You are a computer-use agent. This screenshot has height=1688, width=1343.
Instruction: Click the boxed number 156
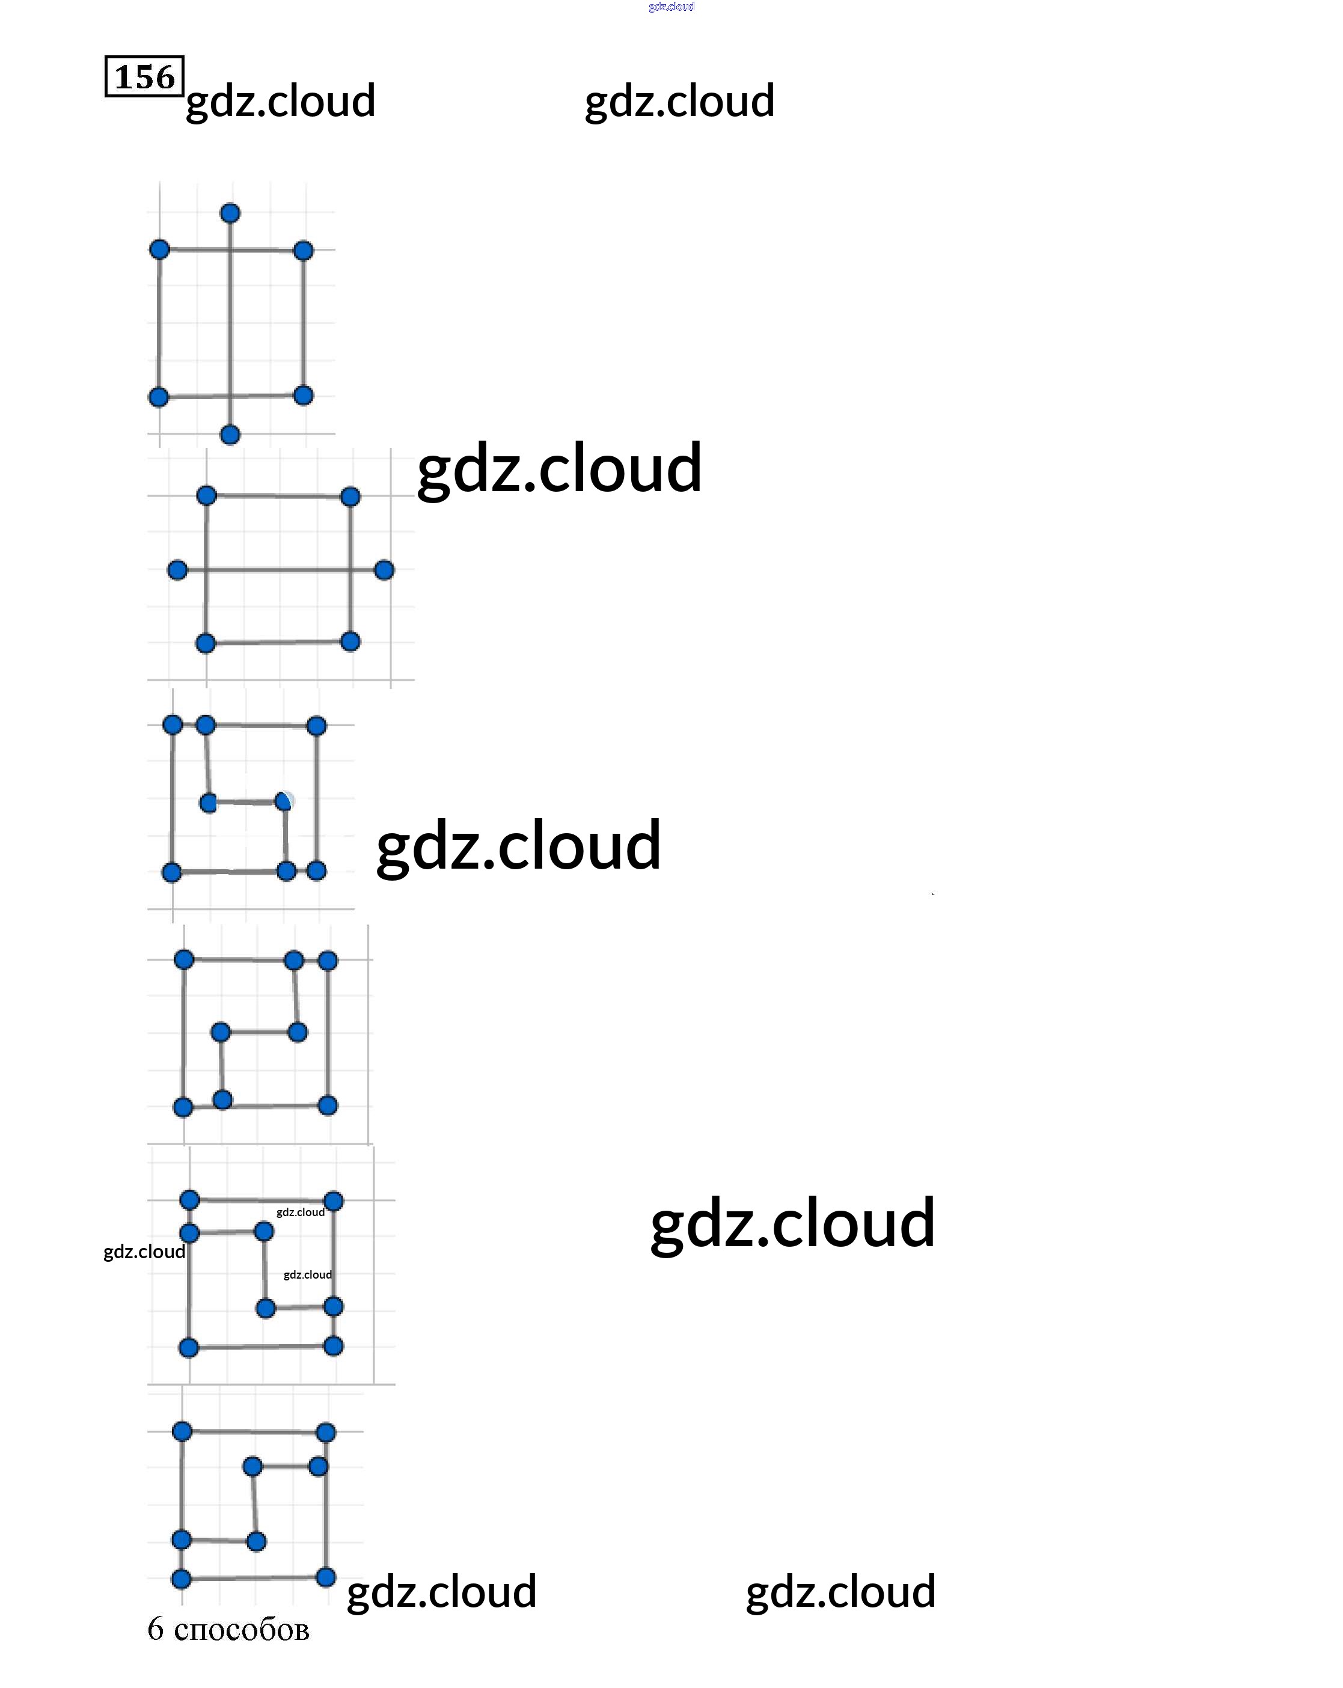click(x=144, y=77)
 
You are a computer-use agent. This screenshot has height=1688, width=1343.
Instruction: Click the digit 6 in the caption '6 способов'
click(x=155, y=1629)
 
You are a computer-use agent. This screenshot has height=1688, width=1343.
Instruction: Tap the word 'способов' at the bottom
click(x=241, y=1631)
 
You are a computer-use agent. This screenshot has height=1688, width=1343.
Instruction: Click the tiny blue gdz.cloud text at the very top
click(x=671, y=6)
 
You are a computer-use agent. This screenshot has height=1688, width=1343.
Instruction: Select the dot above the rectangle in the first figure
click(x=230, y=213)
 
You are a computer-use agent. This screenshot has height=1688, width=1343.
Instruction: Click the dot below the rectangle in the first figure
click(x=230, y=435)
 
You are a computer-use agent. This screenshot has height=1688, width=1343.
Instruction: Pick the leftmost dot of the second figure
click(x=178, y=570)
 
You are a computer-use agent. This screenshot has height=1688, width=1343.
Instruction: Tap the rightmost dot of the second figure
click(x=384, y=570)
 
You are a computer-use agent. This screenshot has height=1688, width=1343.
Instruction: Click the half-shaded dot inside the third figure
click(x=284, y=801)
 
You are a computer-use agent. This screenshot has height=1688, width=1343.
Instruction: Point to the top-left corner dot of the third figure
click(x=173, y=725)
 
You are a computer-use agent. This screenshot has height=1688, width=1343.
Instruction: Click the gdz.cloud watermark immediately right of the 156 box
click(x=280, y=101)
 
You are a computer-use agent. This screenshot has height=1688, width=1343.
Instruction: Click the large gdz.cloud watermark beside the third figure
click(x=518, y=846)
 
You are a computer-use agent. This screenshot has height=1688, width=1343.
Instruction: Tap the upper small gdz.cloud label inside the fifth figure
click(x=300, y=1212)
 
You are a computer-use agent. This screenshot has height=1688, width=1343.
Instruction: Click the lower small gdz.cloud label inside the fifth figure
click(x=307, y=1274)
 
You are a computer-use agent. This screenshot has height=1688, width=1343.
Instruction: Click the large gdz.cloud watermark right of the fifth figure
click(x=792, y=1222)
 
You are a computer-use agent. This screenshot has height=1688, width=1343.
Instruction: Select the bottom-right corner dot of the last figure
click(x=326, y=1577)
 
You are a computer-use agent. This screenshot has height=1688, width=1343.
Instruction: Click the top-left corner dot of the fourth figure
click(x=184, y=959)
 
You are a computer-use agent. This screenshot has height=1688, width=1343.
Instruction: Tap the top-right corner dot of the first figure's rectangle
click(x=303, y=251)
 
